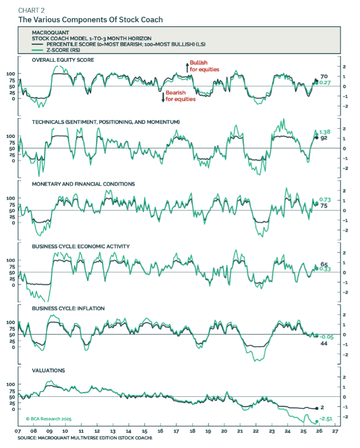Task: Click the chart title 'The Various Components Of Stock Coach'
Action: pos(90,20)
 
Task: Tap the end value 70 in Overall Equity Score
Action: pos(324,76)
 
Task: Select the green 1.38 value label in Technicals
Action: pos(325,131)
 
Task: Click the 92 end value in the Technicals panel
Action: pos(324,138)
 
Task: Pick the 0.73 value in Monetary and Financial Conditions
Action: pos(325,199)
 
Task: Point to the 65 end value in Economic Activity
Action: pos(324,264)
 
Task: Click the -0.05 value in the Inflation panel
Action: pos(326,337)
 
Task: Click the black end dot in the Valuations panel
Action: pos(316,408)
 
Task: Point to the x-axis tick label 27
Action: pos(336,431)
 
